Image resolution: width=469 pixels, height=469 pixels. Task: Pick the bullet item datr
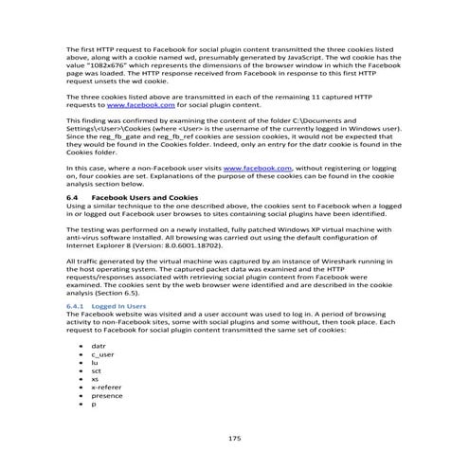point(99,349)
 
